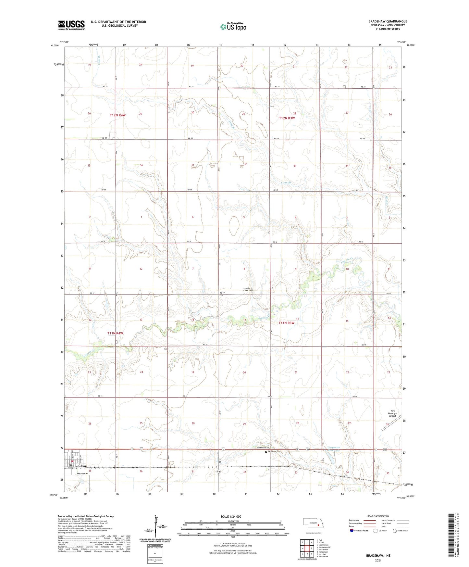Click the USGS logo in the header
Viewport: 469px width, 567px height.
pos(71,25)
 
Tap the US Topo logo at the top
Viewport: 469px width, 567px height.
pos(233,27)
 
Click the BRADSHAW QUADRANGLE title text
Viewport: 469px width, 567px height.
pos(388,21)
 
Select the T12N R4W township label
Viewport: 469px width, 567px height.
pos(117,115)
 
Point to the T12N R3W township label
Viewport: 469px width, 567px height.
pos(287,118)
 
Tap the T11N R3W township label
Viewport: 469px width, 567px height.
pos(287,323)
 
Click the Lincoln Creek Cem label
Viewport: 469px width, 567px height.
pos(248,289)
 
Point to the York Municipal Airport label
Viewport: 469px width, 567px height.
pos(392,413)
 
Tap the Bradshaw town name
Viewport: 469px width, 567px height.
pos(80,466)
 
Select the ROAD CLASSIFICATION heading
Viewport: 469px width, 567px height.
pos(378,516)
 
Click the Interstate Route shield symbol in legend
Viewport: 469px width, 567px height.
pos(352,531)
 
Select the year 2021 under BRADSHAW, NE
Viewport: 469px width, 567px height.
pos(378,561)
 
